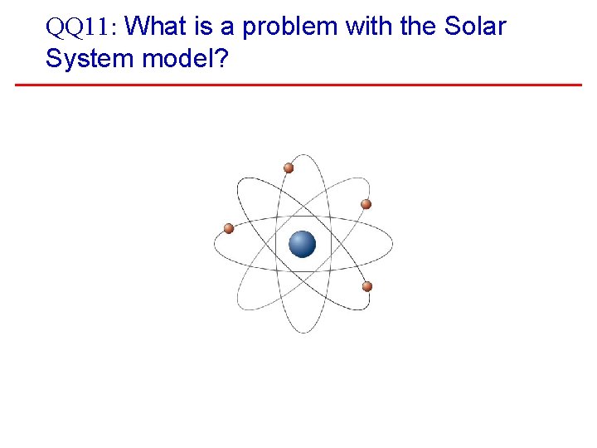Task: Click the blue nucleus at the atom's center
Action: pyautogui.click(x=303, y=244)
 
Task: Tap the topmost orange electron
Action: pyautogui.click(x=289, y=168)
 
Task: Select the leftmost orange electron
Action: pyautogui.click(x=229, y=228)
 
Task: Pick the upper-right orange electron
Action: pyautogui.click(x=366, y=204)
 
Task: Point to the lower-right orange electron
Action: pyautogui.click(x=367, y=286)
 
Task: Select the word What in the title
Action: pyautogui.click(x=158, y=27)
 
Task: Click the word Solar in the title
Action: pyautogui.click(x=474, y=27)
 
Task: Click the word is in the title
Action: pyautogui.click(x=203, y=27)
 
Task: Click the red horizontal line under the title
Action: pyautogui.click(x=298, y=85)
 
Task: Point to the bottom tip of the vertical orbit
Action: pyautogui.click(x=304, y=333)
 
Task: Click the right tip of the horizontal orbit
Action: pyautogui.click(x=391, y=244)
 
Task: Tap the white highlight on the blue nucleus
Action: pyautogui.click(x=298, y=239)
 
